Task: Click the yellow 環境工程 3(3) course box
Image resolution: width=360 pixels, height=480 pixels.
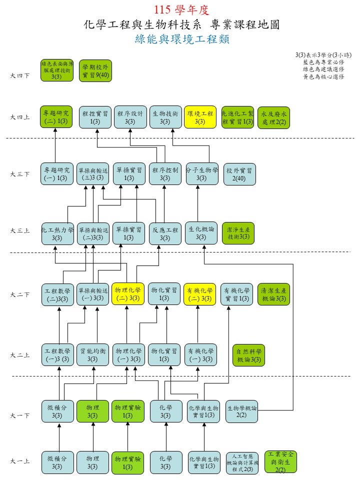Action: (200, 117)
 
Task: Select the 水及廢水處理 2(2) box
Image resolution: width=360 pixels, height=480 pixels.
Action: (273, 118)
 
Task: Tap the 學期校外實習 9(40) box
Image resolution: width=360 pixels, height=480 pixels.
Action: (95, 70)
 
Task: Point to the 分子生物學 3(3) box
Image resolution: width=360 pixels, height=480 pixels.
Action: (202, 174)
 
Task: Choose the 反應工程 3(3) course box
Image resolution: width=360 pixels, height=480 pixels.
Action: (165, 234)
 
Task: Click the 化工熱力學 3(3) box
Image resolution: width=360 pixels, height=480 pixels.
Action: (57, 233)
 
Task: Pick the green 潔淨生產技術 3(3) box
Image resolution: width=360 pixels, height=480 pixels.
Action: (238, 233)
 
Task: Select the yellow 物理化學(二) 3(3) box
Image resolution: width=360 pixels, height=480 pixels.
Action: (127, 294)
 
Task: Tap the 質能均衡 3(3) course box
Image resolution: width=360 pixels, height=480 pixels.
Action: (92, 355)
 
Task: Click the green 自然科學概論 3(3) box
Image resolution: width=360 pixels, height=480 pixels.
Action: (248, 355)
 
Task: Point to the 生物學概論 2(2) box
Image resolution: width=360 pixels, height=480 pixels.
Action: (241, 411)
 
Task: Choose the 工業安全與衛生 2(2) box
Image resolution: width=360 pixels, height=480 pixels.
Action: (280, 461)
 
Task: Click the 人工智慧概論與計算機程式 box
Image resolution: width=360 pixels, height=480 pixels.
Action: (242, 462)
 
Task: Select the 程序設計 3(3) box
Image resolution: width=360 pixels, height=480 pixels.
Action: (130, 117)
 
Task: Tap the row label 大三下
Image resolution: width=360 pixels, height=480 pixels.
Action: (20, 174)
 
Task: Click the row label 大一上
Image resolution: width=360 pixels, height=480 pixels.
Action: (20, 461)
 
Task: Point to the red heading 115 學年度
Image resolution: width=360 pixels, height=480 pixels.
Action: (181, 10)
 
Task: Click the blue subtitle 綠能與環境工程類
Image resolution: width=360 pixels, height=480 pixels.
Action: (182, 39)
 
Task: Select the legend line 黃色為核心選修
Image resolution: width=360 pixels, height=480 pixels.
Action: (323, 76)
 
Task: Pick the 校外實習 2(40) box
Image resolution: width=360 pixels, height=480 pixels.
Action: (239, 174)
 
